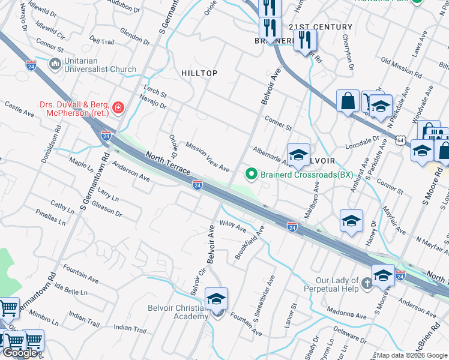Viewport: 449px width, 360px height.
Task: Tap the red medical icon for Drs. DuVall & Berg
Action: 119,108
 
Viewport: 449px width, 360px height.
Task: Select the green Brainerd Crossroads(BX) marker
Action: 251,175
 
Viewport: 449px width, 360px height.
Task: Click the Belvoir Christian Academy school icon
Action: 217,299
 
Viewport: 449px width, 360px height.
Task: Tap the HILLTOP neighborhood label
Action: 199,73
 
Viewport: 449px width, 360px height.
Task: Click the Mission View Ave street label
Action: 208,157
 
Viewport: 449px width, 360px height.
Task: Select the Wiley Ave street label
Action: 233,227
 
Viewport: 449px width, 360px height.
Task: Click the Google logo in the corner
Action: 20,353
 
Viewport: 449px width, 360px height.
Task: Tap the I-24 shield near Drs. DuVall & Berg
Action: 106,136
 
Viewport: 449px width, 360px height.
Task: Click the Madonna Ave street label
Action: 346,314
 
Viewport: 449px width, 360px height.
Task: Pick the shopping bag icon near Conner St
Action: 348,102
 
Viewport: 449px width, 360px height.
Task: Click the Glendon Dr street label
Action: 134,36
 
